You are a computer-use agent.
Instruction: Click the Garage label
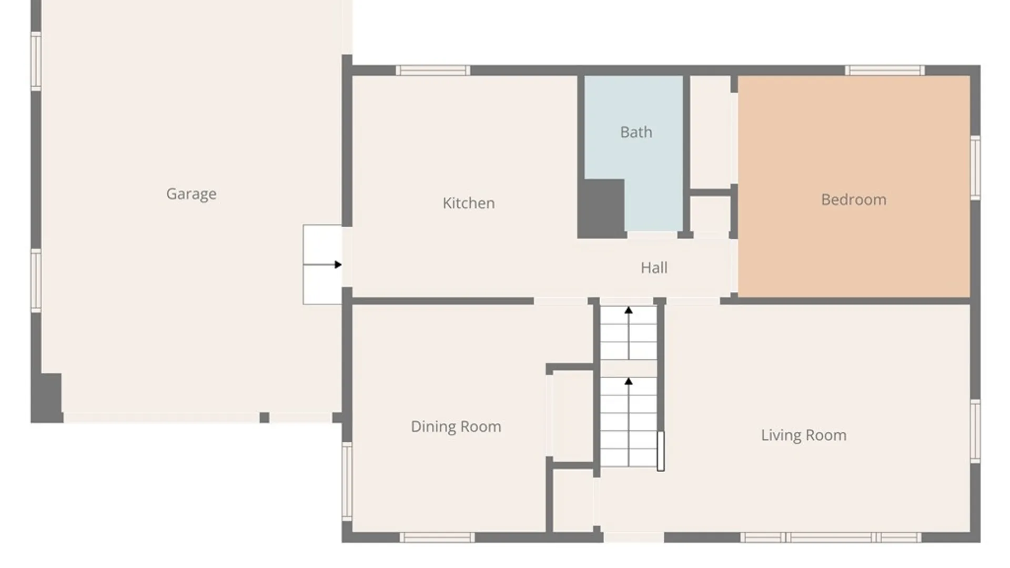(x=191, y=194)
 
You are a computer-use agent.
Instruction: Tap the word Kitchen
(x=468, y=203)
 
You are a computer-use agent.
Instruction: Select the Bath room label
(x=636, y=132)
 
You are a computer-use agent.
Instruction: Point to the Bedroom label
(x=853, y=199)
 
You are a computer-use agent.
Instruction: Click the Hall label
(x=654, y=268)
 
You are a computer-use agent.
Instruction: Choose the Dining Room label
(x=456, y=427)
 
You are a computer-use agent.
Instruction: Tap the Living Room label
(x=803, y=435)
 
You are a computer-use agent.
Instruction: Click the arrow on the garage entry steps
(x=322, y=265)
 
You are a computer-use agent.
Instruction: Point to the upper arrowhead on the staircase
(x=628, y=310)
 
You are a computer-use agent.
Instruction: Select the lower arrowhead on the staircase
(x=628, y=381)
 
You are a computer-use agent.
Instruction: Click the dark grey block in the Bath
(x=601, y=208)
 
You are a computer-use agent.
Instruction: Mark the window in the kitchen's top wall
(x=433, y=70)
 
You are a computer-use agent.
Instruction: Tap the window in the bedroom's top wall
(x=885, y=70)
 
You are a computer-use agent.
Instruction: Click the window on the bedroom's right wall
(x=975, y=168)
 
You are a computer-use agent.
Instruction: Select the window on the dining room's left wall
(x=347, y=481)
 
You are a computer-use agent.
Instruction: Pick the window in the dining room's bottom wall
(x=437, y=537)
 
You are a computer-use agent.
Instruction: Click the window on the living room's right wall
(x=975, y=431)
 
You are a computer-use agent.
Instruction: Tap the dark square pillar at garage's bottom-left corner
(x=47, y=398)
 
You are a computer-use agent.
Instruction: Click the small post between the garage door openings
(x=265, y=418)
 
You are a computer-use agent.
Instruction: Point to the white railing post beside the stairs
(x=661, y=451)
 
